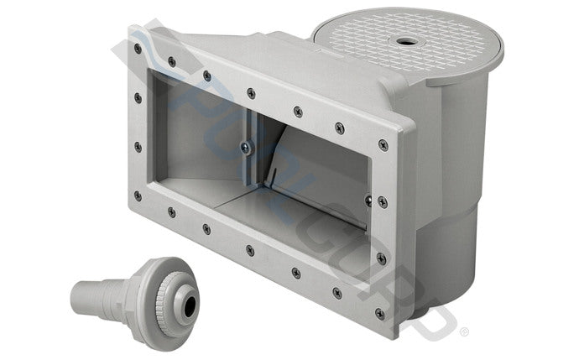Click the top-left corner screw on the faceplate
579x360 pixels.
click(138, 48)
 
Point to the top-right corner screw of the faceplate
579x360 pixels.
click(383, 145)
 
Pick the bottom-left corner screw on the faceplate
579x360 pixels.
click(138, 196)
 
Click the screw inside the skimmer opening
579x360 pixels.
click(244, 148)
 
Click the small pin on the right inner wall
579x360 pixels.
click(368, 200)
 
